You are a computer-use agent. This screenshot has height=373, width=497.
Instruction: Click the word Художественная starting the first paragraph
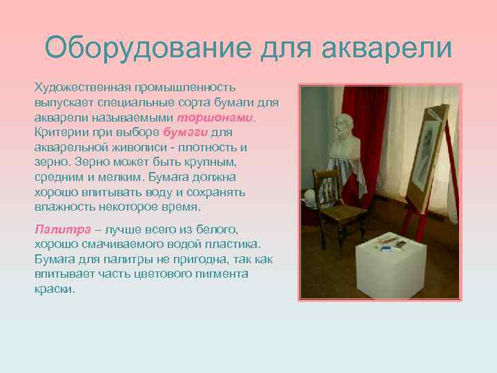pos(80,88)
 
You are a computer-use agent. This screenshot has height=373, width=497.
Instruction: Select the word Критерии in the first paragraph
pos(59,132)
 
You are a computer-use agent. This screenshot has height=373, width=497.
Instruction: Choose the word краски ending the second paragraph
pos(53,289)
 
